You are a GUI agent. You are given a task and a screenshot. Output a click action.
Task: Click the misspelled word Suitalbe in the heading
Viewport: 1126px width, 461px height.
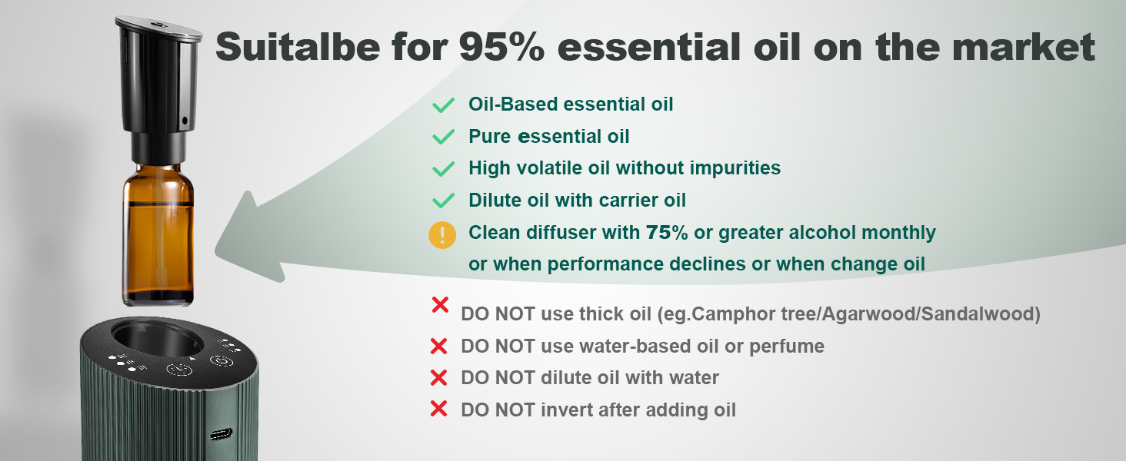[x=298, y=46]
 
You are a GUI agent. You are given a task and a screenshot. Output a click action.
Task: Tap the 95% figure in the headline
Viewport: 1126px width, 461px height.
[x=501, y=46]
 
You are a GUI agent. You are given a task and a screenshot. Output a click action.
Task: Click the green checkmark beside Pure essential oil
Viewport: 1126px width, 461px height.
[x=443, y=137]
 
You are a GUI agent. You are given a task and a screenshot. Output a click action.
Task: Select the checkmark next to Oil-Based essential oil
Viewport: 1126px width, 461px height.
[x=443, y=105]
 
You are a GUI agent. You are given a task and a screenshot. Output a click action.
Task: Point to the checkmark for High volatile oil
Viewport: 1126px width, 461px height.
[x=443, y=169]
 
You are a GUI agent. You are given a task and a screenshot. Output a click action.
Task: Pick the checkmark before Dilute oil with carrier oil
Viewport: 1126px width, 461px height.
[x=443, y=201]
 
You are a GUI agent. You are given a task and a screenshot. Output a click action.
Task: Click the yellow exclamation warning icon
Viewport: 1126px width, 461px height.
[x=442, y=235]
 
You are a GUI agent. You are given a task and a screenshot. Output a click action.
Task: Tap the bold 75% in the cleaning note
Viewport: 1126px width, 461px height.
[x=667, y=233]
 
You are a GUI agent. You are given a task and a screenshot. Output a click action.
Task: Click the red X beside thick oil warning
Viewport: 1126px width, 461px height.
[x=440, y=305]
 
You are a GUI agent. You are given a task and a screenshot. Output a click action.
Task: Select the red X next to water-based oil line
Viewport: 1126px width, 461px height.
[x=439, y=346]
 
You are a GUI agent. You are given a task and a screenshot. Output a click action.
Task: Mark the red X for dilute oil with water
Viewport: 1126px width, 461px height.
[x=439, y=378]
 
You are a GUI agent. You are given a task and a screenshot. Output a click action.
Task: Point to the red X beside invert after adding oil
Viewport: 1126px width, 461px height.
[x=439, y=409]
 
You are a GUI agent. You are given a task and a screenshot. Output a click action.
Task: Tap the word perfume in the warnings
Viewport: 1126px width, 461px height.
[x=787, y=347]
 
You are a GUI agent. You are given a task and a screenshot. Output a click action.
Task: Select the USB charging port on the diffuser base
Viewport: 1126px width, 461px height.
[x=222, y=434]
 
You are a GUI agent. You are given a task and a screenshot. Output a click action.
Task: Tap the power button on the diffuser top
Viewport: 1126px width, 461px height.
[x=222, y=361]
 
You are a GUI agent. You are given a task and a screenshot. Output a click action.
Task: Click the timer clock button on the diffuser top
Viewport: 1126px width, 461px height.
[x=179, y=370]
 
